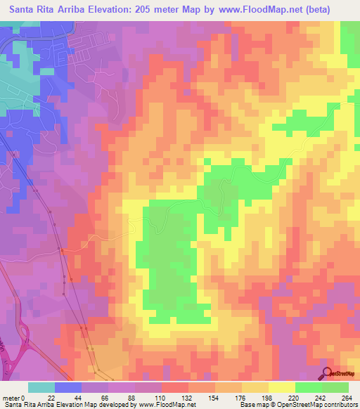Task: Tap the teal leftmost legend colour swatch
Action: click(41, 388)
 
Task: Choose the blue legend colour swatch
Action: click(68, 388)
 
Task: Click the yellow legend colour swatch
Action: click(281, 388)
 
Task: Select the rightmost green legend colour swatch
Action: click(335, 388)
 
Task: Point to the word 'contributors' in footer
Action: click(339, 404)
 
